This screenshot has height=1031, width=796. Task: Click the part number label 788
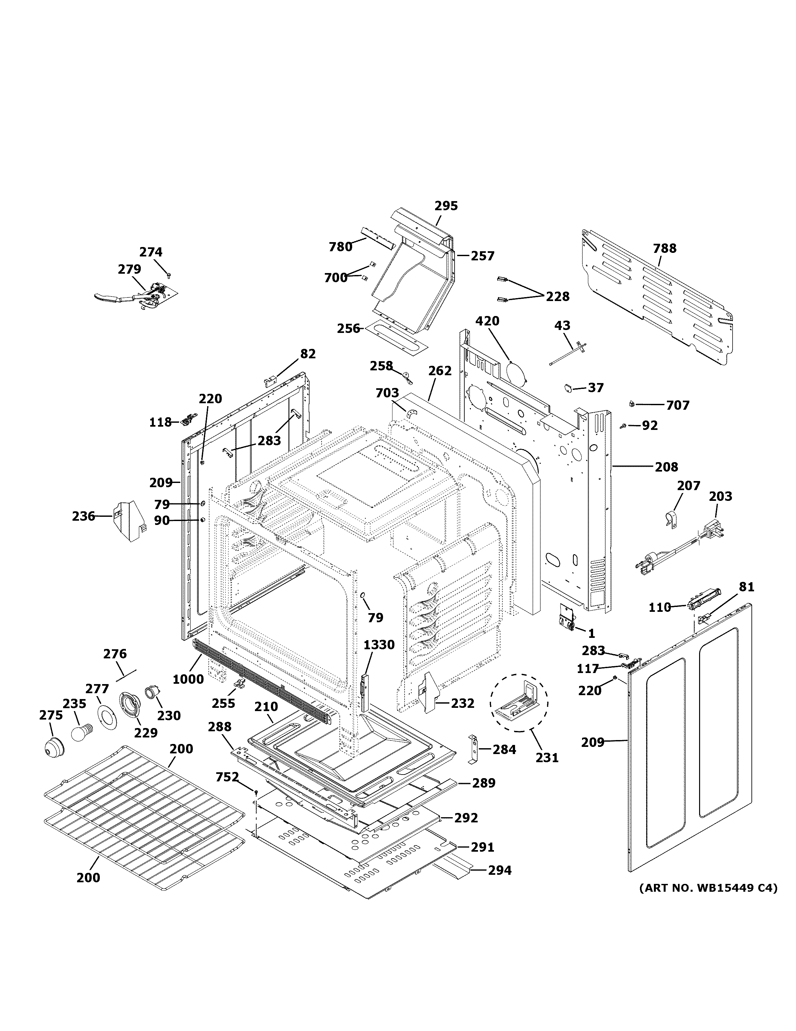[664, 248]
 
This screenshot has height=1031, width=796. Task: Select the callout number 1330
[379, 644]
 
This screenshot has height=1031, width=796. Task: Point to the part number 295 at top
[445, 206]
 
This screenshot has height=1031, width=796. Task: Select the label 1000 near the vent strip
[188, 679]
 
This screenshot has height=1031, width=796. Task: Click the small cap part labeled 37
[568, 388]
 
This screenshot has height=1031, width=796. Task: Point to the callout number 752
[227, 777]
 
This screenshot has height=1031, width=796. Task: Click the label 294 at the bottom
[499, 870]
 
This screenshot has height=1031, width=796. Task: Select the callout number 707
[678, 405]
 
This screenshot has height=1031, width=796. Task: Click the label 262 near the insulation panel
[440, 371]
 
